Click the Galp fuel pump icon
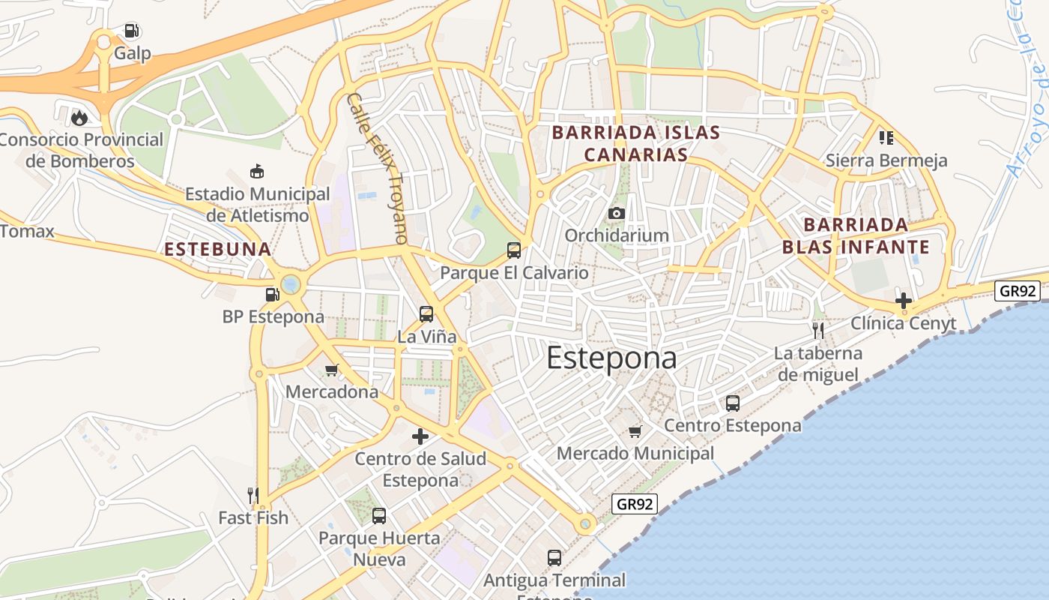click(132, 31)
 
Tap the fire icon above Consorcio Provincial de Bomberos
click(79, 118)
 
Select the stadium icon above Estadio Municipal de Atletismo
click(257, 172)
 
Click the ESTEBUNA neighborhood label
click(217, 249)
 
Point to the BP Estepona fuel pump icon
click(272, 294)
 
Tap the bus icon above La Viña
click(426, 314)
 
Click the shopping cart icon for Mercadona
click(332, 370)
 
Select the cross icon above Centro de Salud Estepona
click(420, 436)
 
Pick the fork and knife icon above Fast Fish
click(253, 495)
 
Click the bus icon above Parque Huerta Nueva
click(379, 516)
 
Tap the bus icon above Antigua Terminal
click(554, 558)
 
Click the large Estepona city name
click(611, 358)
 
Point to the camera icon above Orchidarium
click(617, 214)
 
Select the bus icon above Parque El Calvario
click(514, 250)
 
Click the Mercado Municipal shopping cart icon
click(635, 431)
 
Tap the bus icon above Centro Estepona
click(733, 403)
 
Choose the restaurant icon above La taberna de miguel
click(818, 330)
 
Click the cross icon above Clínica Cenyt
click(904, 301)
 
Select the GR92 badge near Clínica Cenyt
click(1018, 290)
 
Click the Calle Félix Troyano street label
click(378, 168)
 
